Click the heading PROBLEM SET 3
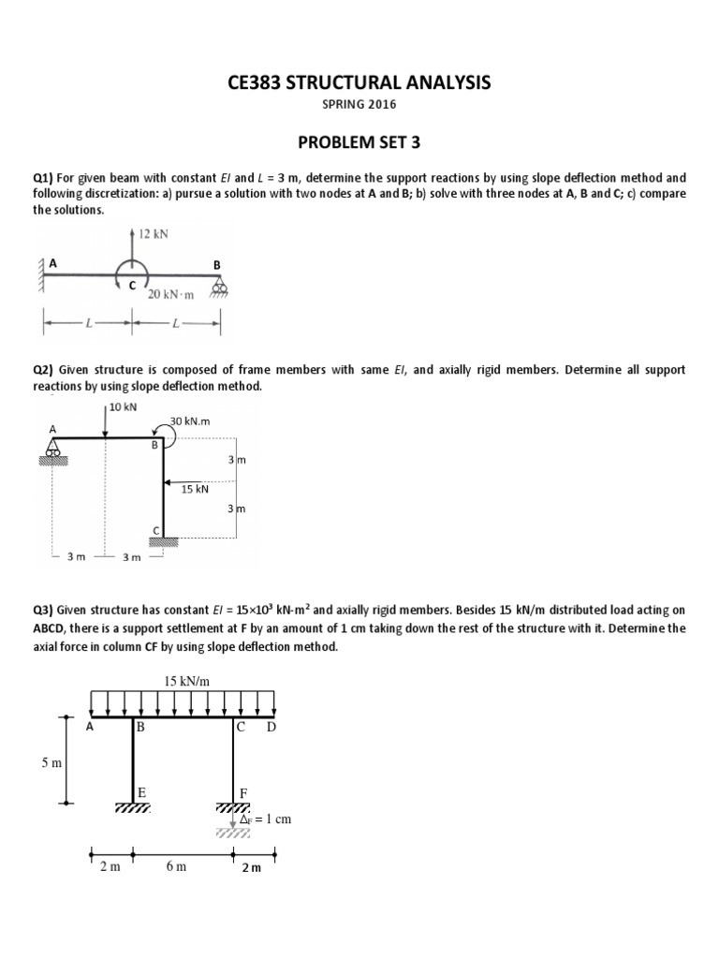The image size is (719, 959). tap(359, 142)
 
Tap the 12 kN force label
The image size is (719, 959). tap(153, 234)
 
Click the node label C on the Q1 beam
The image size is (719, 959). tap(132, 284)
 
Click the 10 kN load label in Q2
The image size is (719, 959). tap(123, 406)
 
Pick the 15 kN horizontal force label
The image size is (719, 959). tap(195, 488)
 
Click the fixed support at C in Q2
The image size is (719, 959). tap(164, 540)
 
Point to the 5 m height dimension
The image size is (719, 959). tap(51, 763)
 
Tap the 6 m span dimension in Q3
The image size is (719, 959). tap(176, 866)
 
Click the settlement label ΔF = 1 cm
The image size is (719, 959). tap(265, 819)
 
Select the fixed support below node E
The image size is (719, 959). tap(132, 807)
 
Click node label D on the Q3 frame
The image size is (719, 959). tap(271, 727)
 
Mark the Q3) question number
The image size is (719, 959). tap(45, 611)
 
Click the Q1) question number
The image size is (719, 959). tap(45, 177)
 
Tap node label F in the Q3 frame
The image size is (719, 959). tap(242, 792)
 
